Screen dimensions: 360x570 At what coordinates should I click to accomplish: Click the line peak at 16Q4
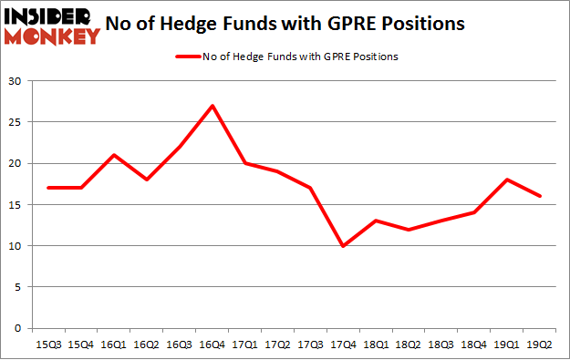pyautogui.click(x=212, y=106)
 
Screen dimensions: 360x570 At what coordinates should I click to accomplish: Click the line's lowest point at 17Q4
pyautogui.click(x=344, y=245)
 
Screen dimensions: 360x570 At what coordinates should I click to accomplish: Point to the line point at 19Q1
pyautogui.click(x=508, y=180)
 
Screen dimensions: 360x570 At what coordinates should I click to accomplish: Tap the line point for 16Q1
pyautogui.click(x=114, y=155)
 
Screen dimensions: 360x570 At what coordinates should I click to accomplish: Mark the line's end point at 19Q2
pyautogui.click(x=541, y=196)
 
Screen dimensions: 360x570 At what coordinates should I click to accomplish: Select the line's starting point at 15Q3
pyautogui.click(x=48, y=188)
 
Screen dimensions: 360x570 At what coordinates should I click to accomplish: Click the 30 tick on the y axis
pyautogui.click(x=16, y=81)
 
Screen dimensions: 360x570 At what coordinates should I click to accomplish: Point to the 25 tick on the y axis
pyautogui.click(x=16, y=122)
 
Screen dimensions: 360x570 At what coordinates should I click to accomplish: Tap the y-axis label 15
pyautogui.click(x=16, y=204)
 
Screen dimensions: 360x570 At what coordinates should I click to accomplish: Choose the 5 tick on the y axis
pyautogui.click(x=19, y=286)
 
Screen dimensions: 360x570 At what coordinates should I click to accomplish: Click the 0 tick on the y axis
pyautogui.click(x=19, y=328)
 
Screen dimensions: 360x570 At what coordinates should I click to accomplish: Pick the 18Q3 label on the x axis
pyautogui.click(x=442, y=345)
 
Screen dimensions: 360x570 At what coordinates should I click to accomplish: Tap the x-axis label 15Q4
pyautogui.click(x=81, y=345)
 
